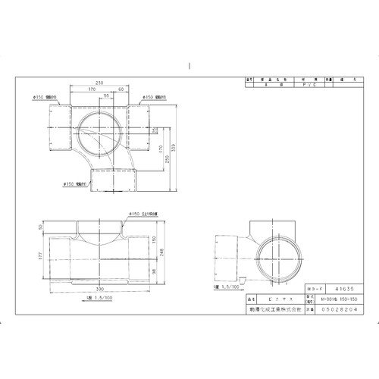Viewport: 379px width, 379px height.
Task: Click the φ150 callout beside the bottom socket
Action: (74, 183)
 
